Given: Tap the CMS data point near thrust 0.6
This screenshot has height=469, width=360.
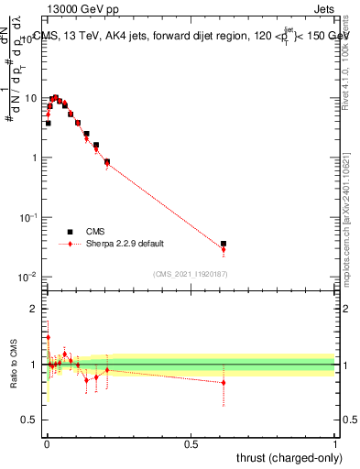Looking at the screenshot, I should pos(224,245).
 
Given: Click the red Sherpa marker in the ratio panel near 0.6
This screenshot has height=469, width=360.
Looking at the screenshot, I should pos(224,383).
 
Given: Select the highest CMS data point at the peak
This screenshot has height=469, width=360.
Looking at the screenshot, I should pos(55,98).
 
